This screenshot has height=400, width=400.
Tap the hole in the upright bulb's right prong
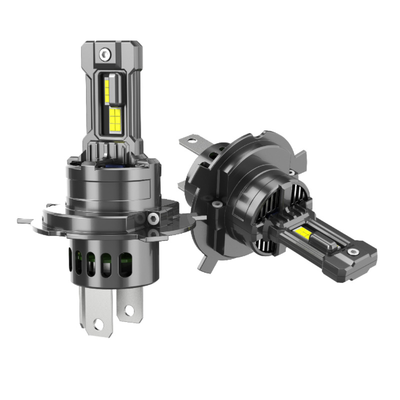coord(129,310)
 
